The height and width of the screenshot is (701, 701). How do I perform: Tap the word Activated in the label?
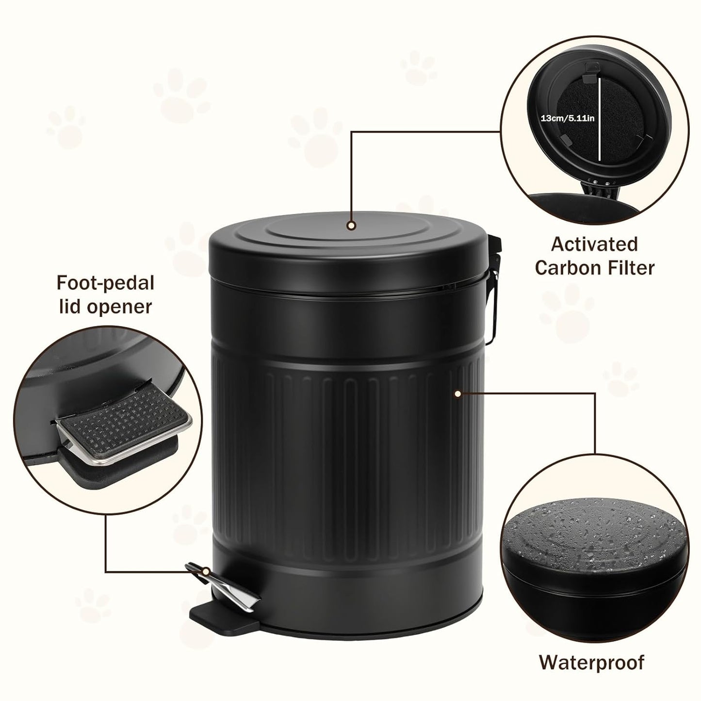coord(594,245)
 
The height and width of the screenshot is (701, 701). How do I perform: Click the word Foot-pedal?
coord(105,283)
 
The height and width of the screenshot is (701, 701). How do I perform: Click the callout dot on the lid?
coord(351,225)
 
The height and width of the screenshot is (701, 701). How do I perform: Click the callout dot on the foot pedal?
coord(206,572)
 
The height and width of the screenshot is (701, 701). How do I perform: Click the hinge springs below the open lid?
coord(598,183)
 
